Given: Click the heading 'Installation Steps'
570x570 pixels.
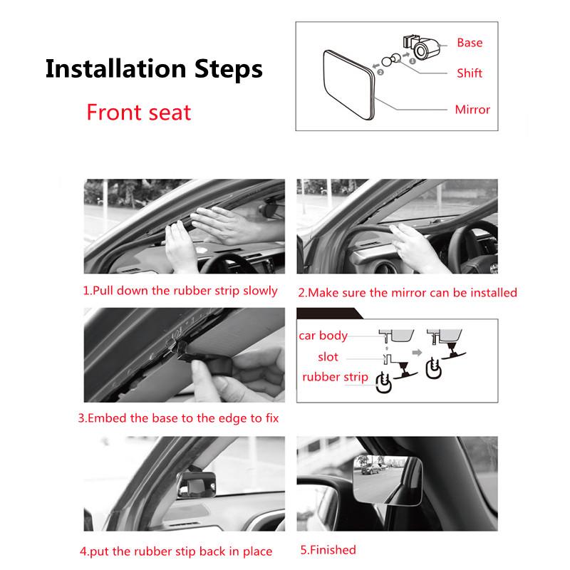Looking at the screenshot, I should click(x=154, y=70).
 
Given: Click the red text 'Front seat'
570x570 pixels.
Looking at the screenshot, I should click(x=139, y=112).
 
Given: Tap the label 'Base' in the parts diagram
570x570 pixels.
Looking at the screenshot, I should click(x=470, y=43).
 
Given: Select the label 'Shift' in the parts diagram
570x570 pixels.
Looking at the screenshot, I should click(x=470, y=73).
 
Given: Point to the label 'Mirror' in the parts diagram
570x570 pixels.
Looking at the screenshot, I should click(x=472, y=110).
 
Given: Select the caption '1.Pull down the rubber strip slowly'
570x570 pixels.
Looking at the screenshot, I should click(x=180, y=291).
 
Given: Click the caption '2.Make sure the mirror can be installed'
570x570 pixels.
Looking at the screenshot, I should click(x=407, y=292).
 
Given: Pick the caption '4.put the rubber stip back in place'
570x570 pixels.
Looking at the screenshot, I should click(x=175, y=551).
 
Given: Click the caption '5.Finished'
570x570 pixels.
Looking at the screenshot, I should click(x=328, y=549).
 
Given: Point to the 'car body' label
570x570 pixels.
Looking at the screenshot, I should click(x=323, y=336).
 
